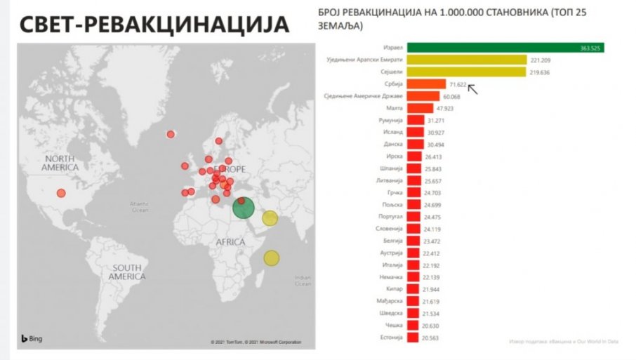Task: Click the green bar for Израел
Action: (505, 47)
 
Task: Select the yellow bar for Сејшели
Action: (466, 72)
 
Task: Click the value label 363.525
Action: (590, 48)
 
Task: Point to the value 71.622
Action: (457, 84)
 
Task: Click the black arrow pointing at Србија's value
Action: (472, 88)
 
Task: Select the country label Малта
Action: (395, 109)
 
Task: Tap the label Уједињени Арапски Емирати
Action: (365, 60)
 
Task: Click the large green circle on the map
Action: (243, 208)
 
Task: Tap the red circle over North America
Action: (61, 193)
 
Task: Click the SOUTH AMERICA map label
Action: (126, 272)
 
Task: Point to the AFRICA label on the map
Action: (230, 242)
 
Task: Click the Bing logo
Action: (31, 339)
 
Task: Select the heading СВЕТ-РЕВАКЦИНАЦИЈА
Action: (154, 25)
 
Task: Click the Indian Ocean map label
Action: (303, 280)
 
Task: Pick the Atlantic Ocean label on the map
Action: (140, 207)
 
